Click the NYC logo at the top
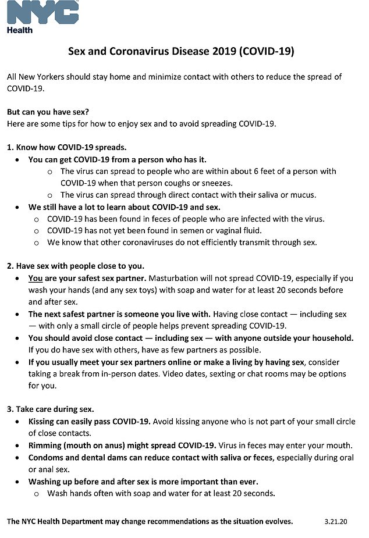(42, 12)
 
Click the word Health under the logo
(20, 30)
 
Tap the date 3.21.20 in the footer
(336, 521)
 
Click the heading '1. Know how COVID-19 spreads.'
(66, 147)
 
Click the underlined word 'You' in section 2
(36, 277)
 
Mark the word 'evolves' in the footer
(275, 521)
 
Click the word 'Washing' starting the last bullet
(46, 482)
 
